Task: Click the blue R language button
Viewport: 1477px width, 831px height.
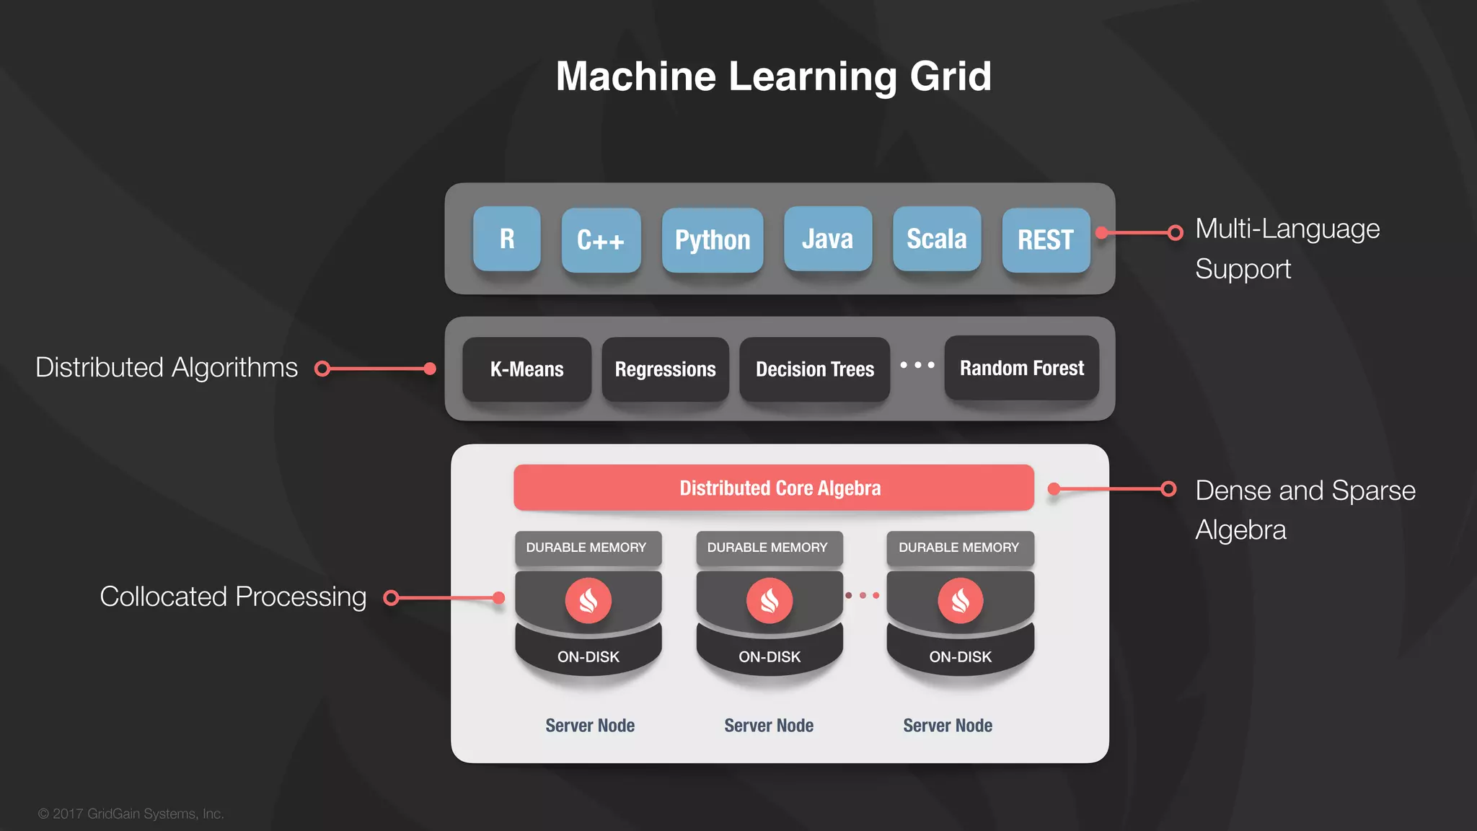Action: coord(507,239)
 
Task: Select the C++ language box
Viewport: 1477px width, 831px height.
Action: coord(601,240)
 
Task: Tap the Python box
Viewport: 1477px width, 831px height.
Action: coord(713,240)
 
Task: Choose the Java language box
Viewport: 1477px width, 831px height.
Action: coord(827,239)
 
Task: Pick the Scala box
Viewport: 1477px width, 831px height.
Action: coord(936,239)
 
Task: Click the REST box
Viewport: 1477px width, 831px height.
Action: coord(1046,240)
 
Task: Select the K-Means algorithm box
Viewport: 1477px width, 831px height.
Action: coord(526,369)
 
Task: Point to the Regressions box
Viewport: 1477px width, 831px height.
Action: coord(665,369)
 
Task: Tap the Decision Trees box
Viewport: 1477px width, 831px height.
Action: coord(814,369)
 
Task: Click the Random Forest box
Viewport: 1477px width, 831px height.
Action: coord(1021,368)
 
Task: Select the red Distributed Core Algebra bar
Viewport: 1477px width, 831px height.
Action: coord(774,488)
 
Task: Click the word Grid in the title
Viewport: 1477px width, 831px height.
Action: coord(951,76)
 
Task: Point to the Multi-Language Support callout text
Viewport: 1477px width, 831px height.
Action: coord(1287,248)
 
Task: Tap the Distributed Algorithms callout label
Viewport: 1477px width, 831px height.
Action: coord(167,368)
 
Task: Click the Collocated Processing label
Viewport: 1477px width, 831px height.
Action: coord(233,597)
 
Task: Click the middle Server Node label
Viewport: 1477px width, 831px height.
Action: coord(769,726)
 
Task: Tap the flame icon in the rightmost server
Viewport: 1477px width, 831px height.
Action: coord(960,600)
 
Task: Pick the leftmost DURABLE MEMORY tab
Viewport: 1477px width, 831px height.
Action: coord(586,548)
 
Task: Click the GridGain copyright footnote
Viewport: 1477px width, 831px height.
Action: coord(131,814)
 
